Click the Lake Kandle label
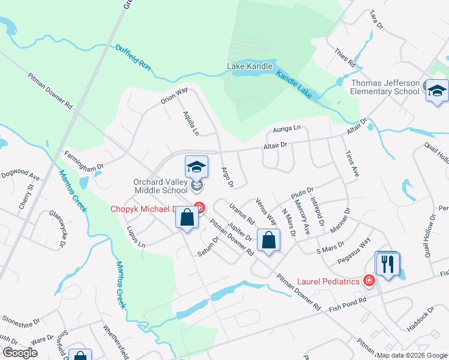250,66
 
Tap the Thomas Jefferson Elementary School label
385,87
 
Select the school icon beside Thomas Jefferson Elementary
437,91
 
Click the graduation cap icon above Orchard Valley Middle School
196,167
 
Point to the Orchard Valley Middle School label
161,186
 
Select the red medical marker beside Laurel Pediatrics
369,280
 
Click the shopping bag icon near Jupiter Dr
269,241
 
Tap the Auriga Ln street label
287,128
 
